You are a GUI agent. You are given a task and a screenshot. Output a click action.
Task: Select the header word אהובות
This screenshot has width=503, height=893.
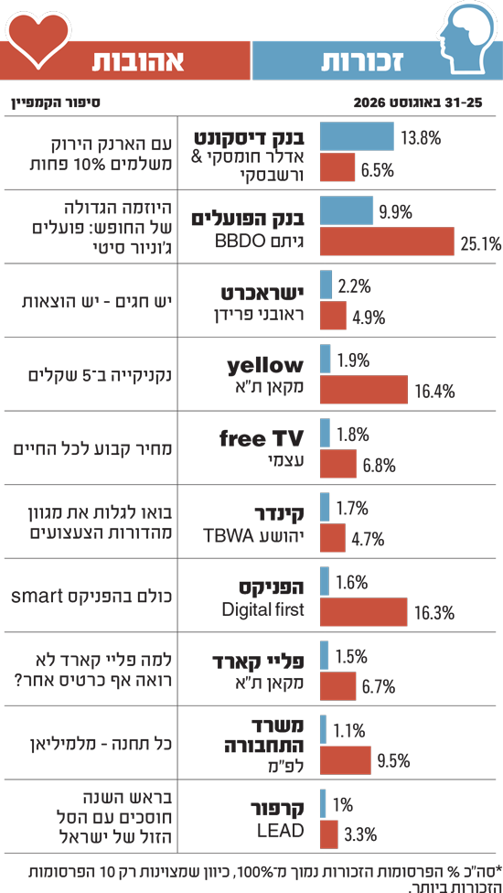tap(138, 62)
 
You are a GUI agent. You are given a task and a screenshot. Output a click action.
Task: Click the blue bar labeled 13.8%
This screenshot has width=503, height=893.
tap(357, 136)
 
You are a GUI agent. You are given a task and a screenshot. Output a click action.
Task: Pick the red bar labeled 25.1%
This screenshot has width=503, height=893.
tap(387, 241)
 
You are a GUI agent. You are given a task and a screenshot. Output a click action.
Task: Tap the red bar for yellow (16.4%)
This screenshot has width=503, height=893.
tap(364, 389)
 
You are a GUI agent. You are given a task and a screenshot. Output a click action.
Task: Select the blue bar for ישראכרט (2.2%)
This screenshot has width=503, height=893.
tap(326, 285)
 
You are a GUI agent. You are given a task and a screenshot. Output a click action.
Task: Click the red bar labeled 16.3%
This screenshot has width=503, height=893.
tap(364, 612)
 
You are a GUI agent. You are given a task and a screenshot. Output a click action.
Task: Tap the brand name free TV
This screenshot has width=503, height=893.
tap(262, 439)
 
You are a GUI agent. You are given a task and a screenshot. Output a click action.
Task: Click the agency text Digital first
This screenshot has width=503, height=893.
tap(263, 610)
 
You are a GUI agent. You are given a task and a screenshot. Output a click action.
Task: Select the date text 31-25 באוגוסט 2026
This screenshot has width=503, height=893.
tap(418, 103)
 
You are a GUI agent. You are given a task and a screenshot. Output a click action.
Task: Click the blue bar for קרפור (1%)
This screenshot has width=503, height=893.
tap(323, 803)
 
